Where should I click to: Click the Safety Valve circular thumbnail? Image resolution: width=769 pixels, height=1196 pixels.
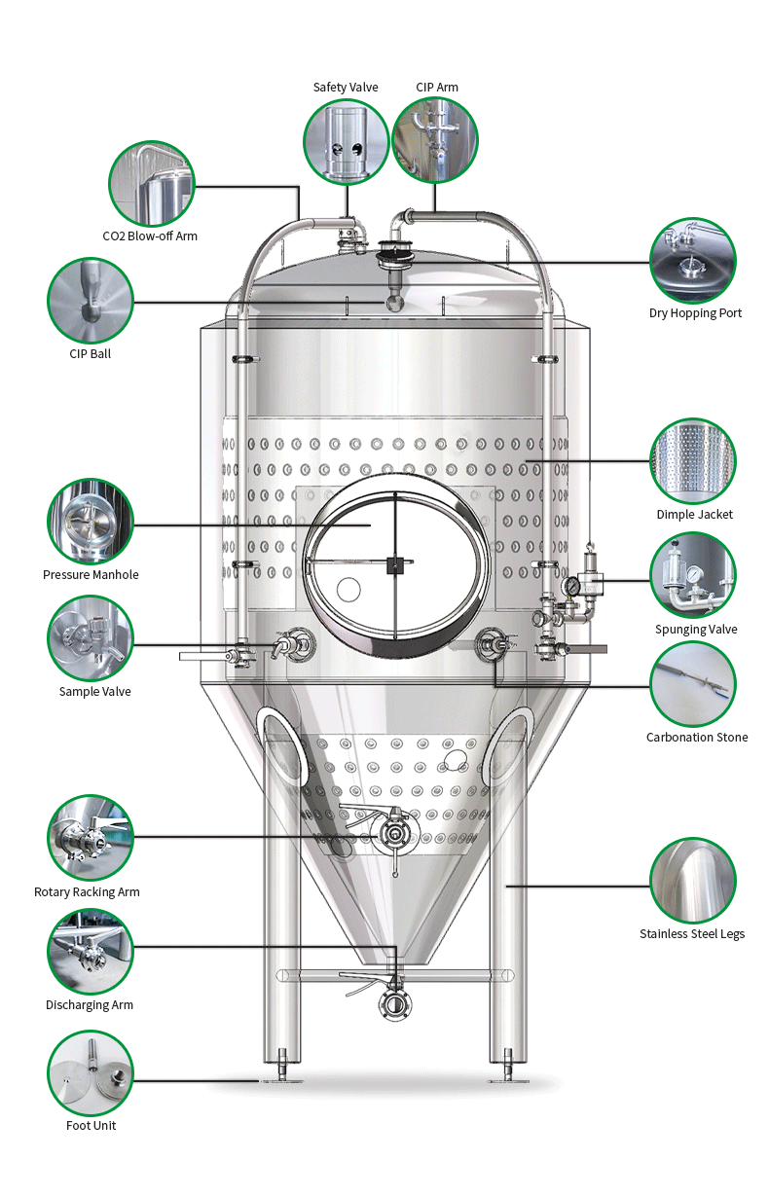346,141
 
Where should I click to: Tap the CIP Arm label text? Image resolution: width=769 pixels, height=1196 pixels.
437,88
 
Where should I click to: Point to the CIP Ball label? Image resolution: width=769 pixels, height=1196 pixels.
90,354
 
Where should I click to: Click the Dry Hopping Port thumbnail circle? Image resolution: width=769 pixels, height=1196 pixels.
693,261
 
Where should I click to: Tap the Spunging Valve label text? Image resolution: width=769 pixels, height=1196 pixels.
695,630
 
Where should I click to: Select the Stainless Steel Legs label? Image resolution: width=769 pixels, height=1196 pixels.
692,934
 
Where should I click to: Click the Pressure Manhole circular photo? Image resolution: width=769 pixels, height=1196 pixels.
91,522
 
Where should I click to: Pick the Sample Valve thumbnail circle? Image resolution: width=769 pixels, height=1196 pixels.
91,638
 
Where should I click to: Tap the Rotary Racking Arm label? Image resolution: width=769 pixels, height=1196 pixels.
87,892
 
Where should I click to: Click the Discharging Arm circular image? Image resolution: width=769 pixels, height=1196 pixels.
91,952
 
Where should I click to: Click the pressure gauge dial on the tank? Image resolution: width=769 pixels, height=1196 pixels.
571,586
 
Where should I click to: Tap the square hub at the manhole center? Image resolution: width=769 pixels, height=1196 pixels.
395,563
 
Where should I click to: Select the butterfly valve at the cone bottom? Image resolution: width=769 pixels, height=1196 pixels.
396,1004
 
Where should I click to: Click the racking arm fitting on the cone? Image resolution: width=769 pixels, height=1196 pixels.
393,833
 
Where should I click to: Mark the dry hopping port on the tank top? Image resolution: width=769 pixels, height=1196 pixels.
394,255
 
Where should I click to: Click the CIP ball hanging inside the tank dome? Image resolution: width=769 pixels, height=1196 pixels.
394,304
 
